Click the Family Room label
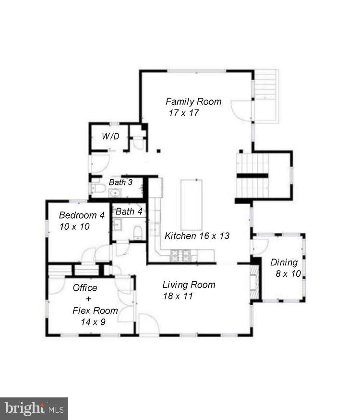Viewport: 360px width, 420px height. point(193,101)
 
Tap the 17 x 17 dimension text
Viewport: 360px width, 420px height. point(183,113)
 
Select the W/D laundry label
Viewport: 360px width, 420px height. point(110,136)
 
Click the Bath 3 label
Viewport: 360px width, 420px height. point(121,183)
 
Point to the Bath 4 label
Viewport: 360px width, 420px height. point(129,211)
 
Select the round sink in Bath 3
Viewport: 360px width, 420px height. point(115,193)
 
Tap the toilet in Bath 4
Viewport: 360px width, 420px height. point(138,233)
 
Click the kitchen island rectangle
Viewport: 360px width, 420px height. point(192,205)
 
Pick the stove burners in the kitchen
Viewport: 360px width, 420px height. point(181,256)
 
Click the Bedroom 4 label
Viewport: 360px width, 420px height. point(82,215)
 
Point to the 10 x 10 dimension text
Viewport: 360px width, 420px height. point(74,227)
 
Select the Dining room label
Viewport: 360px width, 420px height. point(284,262)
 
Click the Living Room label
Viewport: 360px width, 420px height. point(189,284)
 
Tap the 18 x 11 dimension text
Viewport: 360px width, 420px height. point(177,296)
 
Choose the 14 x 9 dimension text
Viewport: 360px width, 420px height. point(93,322)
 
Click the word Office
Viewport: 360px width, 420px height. point(85,288)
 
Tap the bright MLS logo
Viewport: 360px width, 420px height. point(34,409)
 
